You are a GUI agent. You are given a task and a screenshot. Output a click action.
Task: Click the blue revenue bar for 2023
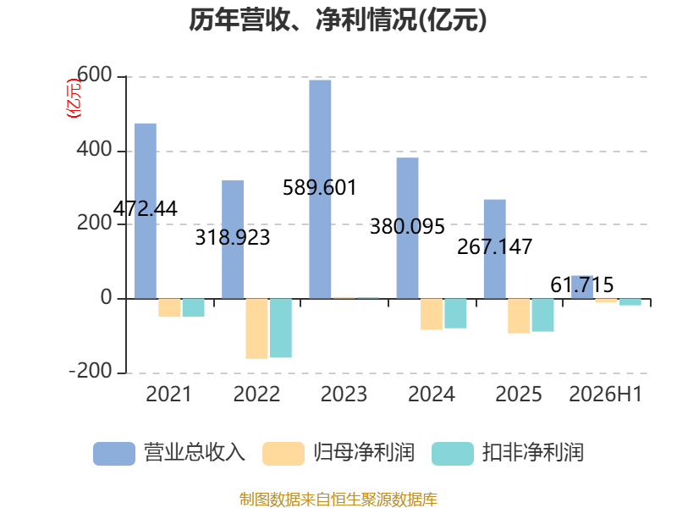tap(320, 189)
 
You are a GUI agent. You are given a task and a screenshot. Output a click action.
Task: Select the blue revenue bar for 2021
tap(146, 211)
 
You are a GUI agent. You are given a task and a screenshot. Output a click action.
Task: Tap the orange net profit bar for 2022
tap(257, 329)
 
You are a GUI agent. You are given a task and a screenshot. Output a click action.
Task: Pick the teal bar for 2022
tap(281, 328)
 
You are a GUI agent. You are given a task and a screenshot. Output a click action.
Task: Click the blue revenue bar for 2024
tap(408, 228)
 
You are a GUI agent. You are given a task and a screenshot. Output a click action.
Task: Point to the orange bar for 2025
tap(519, 316)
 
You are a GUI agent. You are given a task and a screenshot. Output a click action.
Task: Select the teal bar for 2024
tap(455, 313)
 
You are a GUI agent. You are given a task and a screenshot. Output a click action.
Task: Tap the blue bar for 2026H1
tap(582, 287)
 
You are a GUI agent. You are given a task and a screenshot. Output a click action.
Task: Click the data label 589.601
tap(320, 187)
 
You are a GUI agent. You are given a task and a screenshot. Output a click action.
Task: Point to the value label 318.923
tap(232, 238)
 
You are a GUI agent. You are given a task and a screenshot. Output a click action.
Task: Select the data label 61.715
tap(582, 285)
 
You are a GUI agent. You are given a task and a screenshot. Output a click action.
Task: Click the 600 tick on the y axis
tap(95, 75)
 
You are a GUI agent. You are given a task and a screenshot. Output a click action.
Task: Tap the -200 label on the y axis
tap(91, 371)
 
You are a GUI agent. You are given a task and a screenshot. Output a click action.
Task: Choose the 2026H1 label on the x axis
tap(606, 394)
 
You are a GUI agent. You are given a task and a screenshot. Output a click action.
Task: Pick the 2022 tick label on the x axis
tap(256, 394)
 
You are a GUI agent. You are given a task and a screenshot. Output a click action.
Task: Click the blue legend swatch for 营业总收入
tap(114, 454)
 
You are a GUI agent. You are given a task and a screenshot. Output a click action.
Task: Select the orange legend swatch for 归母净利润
tap(283, 454)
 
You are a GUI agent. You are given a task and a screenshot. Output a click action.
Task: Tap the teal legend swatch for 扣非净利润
tap(453, 454)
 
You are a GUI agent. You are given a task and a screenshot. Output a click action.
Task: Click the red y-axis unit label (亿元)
tap(74, 98)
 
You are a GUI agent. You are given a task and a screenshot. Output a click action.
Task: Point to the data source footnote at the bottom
tap(338, 500)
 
